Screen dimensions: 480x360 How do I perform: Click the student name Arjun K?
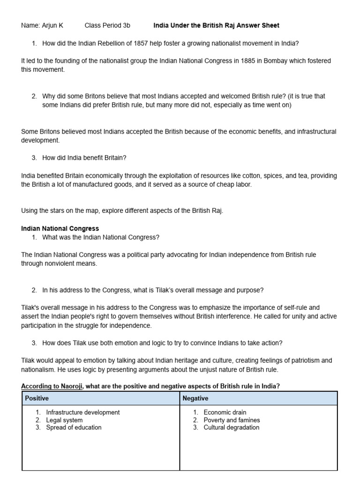coord(52,25)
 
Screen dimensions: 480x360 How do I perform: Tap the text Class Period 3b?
coord(107,25)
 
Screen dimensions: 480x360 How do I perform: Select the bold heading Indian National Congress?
coord(60,229)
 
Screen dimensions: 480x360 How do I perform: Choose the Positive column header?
coord(37,398)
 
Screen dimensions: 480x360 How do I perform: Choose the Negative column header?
coord(195,398)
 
